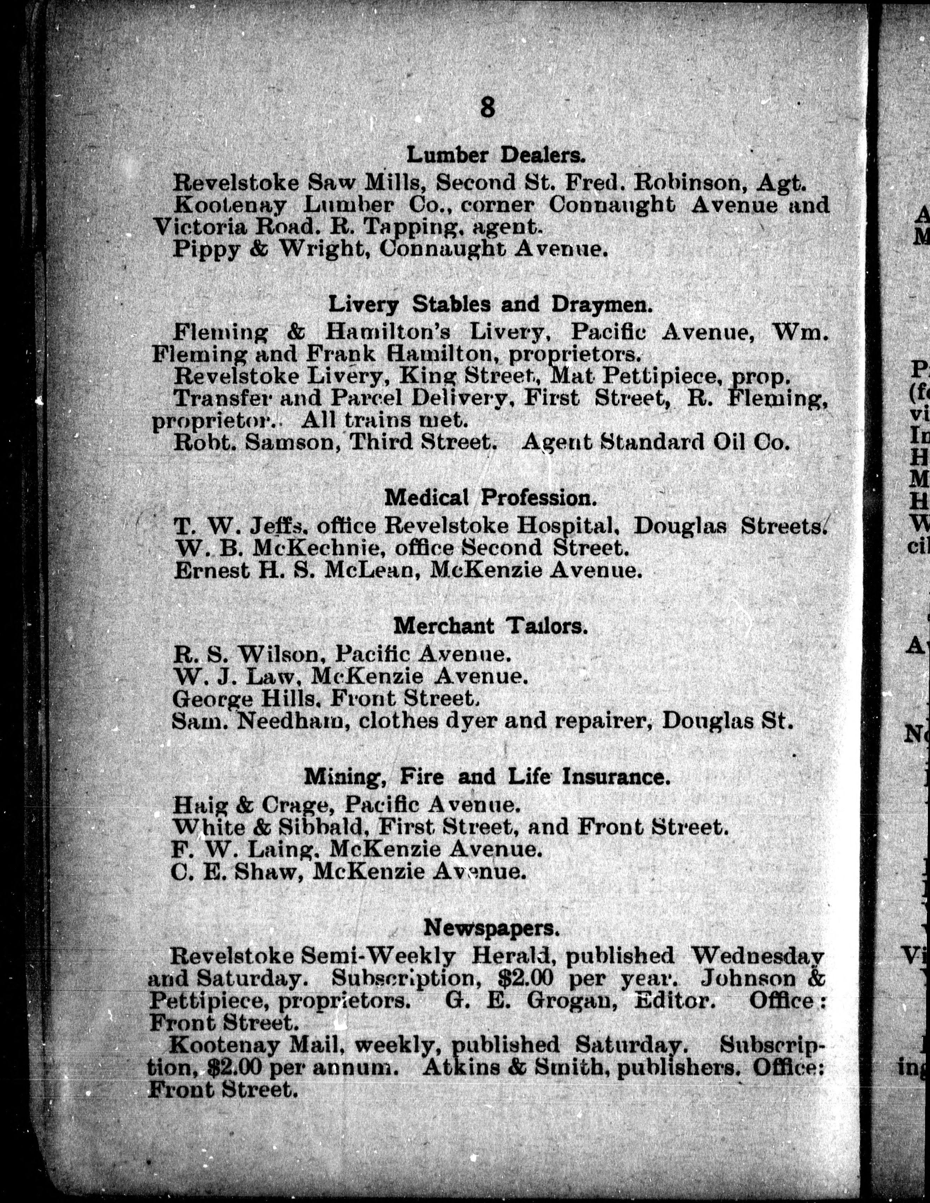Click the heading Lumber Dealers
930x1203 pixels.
[495, 155]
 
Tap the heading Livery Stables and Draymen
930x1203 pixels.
[490, 304]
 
